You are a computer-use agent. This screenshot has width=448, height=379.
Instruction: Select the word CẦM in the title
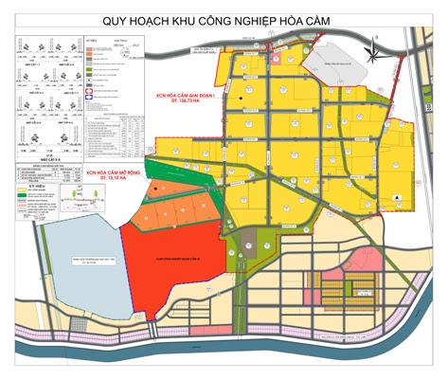pyautogui.click(x=344, y=19)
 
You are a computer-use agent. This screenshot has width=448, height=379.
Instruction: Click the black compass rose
pyautogui.click(x=375, y=43)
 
